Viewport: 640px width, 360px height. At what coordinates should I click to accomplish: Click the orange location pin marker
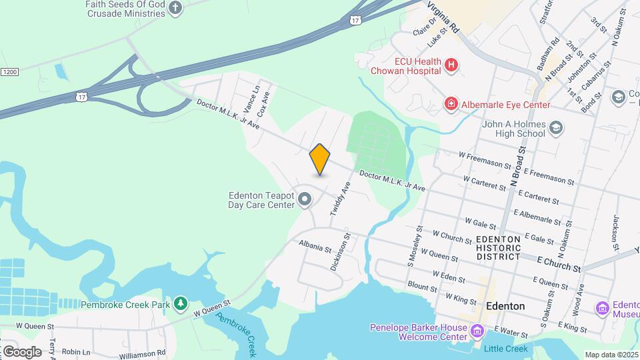click(320, 159)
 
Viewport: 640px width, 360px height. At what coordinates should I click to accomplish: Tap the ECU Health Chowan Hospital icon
click(452, 65)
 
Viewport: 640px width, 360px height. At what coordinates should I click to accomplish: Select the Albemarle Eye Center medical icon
click(451, 104)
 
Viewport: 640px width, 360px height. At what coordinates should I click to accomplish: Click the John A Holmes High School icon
click(557, 127)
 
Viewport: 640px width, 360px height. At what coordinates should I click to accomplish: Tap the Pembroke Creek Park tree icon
click(180, 304)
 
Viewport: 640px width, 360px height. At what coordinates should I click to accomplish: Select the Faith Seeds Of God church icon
click(175, 8)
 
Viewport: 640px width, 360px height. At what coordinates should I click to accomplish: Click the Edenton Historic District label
click(498, 247)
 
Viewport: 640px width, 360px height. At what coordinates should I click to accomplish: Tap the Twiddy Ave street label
click(341, 199)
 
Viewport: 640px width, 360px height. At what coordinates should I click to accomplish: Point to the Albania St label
click(315, 247)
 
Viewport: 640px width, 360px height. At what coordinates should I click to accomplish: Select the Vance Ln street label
click(251, 99)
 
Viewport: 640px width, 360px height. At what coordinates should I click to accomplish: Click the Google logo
click(22, 351)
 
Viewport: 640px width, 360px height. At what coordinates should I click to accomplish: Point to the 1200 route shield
click(9, 71)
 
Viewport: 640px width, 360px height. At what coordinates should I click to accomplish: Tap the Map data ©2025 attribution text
click(611, 355)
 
